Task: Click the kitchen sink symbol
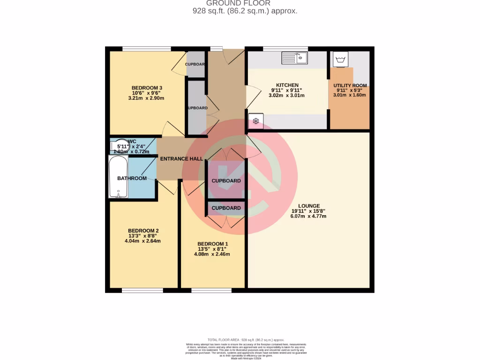[294, 58]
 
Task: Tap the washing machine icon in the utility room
[340, 60]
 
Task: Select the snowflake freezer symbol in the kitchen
[256, 121]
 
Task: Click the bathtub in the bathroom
[118, 177]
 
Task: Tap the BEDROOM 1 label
[212, 244]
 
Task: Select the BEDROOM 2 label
[143, 231]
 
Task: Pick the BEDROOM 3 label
[147, 88]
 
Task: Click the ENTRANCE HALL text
[181, 159]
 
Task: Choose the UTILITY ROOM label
[350, 85]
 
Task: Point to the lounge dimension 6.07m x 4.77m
[308, 216]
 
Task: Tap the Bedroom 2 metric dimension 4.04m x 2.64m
[143, 241]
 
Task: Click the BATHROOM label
[132, 178]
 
